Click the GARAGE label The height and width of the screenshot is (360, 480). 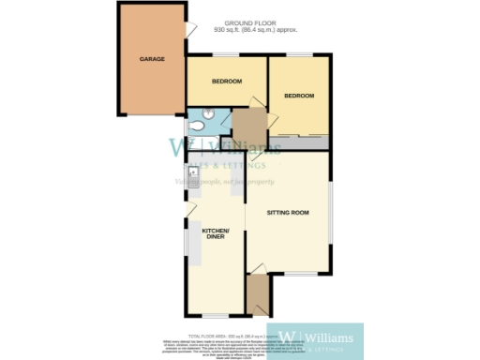pyautogui.click(x=153, y=59)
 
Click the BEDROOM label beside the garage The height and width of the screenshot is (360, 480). pyautogui.click(x=226, y=82)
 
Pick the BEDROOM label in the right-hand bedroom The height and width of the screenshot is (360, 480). pyautogui.click(x=299, y=96)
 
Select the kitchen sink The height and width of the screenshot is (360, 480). pyautogui.click(x=193, y=174)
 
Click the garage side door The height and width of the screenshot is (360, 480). pyautogui.click(x=190, y=31)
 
